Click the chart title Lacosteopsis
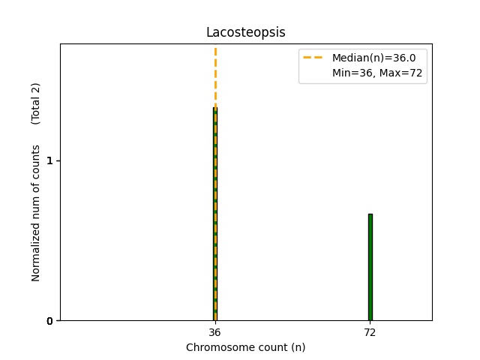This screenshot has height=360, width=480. click(245, 33)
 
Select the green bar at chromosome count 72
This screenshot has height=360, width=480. click(370, 267)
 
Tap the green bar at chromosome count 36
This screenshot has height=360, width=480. click(214, 217)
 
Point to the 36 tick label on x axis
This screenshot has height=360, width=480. click(214, 332)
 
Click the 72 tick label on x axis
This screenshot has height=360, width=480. click(370, 332)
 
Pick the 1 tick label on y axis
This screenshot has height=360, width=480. click(49, 161)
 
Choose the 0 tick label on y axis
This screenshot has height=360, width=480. click(49, 321)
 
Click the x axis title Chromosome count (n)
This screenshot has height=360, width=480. click(245, 347)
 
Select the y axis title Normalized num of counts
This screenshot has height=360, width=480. click(36, 213)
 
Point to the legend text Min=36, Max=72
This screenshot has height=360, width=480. click(368, 73)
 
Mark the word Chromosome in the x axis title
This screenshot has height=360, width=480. click(217, 347)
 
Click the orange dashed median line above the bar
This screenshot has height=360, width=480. click(215, 75)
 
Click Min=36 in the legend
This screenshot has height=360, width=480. click(348, 73)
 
